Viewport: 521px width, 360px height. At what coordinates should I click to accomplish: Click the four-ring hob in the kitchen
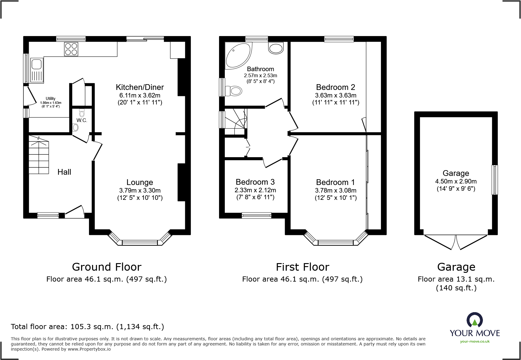point(71,49)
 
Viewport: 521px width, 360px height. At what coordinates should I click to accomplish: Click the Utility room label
point(51,98)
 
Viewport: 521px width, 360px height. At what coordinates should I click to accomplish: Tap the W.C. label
point(82,120)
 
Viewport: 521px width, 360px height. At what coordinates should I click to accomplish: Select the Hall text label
point(64,172)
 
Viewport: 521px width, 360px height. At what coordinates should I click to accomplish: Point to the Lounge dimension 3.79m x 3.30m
point(140,190)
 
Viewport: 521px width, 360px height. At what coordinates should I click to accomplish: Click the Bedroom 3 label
point(255,182)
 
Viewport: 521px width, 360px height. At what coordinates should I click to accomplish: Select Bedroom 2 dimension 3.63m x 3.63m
point(336,95)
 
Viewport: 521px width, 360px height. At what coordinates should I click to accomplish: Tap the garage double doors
point(456,242)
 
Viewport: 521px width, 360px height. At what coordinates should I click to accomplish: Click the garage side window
point(494,180)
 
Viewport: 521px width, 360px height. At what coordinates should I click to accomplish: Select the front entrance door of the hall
point(75,212)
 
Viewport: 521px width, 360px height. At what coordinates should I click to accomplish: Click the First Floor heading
point(302,267)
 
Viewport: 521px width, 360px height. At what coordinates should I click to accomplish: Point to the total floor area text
point(87,327)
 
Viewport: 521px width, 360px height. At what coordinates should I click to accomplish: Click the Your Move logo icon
point(474,320)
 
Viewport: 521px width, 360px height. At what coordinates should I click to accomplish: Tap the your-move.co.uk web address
point(475,342)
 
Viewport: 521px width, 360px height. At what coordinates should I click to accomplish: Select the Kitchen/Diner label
point(140,87)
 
